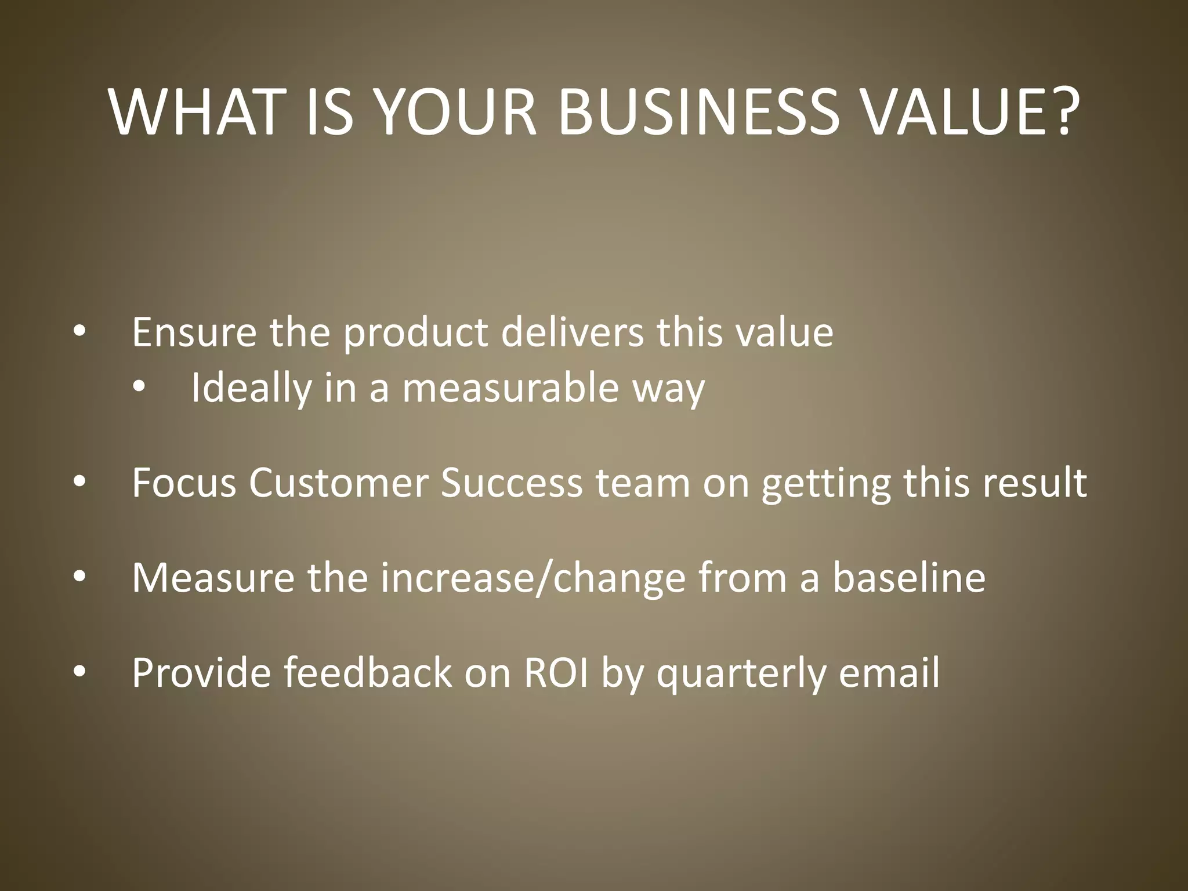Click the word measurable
coord(510,387)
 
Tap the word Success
coord(511,483)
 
